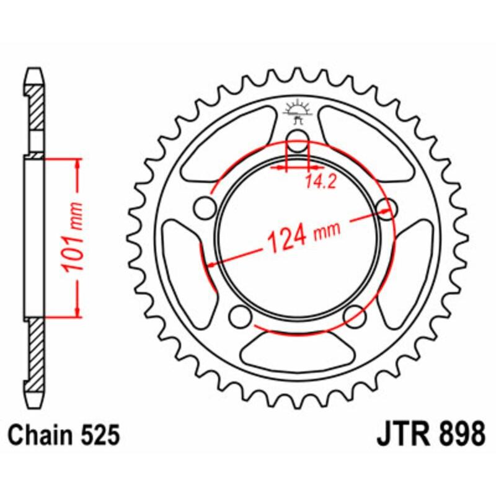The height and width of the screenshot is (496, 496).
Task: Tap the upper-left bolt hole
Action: (x=203, y=207)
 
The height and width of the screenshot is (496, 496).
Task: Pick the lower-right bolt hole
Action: (x=355, y=317)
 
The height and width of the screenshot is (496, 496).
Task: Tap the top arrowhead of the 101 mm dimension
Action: (x=78, y=163)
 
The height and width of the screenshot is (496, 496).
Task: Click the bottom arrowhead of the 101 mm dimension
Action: (x=78, y=311)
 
